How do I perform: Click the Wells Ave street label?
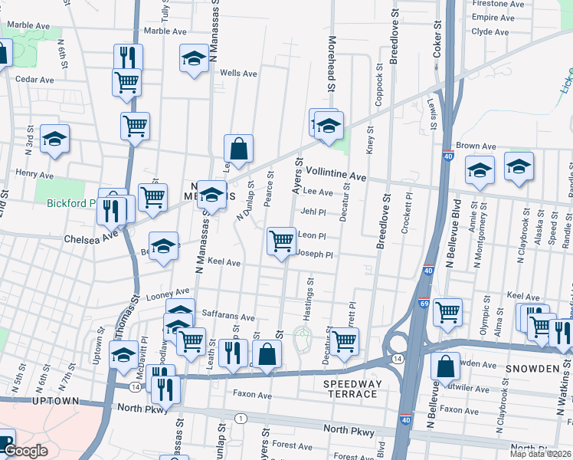[x=238, y=74]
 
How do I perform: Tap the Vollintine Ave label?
[x=336, y=176]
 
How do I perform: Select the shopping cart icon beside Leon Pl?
[x=281, y=241]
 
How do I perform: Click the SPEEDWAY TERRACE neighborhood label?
[x=350, y=388]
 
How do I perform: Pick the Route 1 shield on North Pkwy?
[x=241, y=418]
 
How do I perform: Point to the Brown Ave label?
[x=476, y=146]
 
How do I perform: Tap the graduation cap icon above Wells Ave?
[x=195, y=58]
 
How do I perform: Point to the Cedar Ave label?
[x=34, y=79]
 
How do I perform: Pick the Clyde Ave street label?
[x=491, y=31]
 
